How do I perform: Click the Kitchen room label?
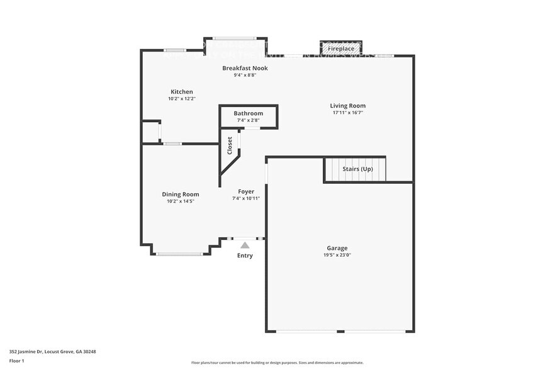coord(182,92)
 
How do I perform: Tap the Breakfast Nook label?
coord(245,68)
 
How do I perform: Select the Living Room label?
coord(347,106)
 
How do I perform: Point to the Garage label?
coord(337,248)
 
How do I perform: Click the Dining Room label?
coord(181,194)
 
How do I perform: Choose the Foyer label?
coord(246,191)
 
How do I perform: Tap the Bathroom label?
coord(248,113)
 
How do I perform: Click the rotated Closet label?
coord(230,145)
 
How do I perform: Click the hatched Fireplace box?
coord(341,48)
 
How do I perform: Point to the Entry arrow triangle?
coord(245,245)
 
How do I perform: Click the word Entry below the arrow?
coord(245,256)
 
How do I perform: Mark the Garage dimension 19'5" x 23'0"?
coord(337,255)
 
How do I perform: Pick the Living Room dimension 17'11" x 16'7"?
coord(347,113)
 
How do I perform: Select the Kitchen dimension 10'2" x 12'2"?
coord(182,99)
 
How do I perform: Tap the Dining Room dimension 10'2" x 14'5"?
coord(181,201)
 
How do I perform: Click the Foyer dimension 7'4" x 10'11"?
coord(246,198)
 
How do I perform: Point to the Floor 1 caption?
coord(16,361)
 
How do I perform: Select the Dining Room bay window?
coord(179,254)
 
